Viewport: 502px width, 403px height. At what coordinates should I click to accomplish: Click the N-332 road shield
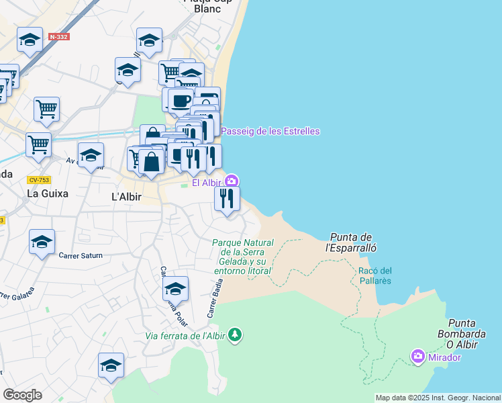coord(59,36)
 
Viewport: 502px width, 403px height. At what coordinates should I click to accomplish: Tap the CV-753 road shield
coord(39,179)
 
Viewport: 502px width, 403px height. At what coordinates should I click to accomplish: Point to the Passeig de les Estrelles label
coord(270,131)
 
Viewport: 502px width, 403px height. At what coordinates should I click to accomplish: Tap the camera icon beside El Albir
coord(232,181)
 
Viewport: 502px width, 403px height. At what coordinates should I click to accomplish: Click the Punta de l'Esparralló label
coord(351,242)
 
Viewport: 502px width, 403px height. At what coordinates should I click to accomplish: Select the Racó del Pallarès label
coord(375,275)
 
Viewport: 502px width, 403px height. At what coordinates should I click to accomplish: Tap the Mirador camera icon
coord(418,355)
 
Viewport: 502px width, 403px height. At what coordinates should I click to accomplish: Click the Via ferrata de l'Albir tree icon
coord(234,334)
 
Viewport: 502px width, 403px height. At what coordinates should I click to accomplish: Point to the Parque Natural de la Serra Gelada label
coord(243,257)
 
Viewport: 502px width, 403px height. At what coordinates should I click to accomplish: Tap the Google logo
coord(22,395)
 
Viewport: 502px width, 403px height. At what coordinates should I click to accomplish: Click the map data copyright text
coord(438,398)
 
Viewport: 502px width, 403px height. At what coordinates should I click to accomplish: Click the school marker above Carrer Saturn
coord(42,241)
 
